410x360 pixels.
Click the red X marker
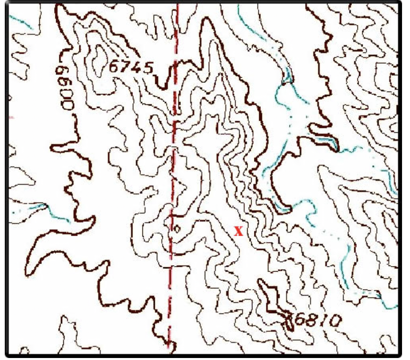pos(238,231)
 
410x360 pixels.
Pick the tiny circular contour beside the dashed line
pos(177,229)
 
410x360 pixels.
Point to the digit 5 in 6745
pos(148,68)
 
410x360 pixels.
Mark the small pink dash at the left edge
pos(12,117)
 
